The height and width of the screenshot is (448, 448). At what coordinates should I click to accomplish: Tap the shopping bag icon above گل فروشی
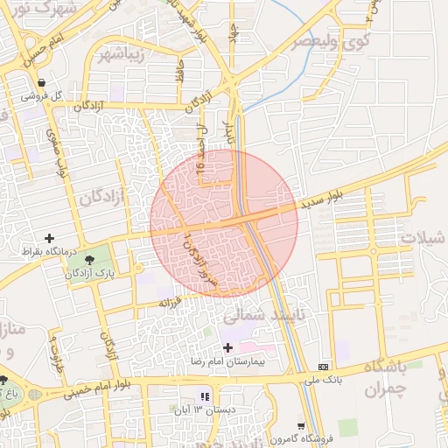click(x=41, y=82)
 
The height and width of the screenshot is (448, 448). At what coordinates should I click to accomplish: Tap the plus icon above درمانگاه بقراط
click(x=49, y=237)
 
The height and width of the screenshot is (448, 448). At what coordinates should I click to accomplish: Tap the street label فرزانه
click(x=170, y=302)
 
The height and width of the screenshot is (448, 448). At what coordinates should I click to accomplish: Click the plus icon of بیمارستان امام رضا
click(x=227, y=348)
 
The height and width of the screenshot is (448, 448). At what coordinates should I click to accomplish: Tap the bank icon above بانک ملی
click(x=325, y=365)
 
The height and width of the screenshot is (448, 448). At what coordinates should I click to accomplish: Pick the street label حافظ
click(x=178, y=70)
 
